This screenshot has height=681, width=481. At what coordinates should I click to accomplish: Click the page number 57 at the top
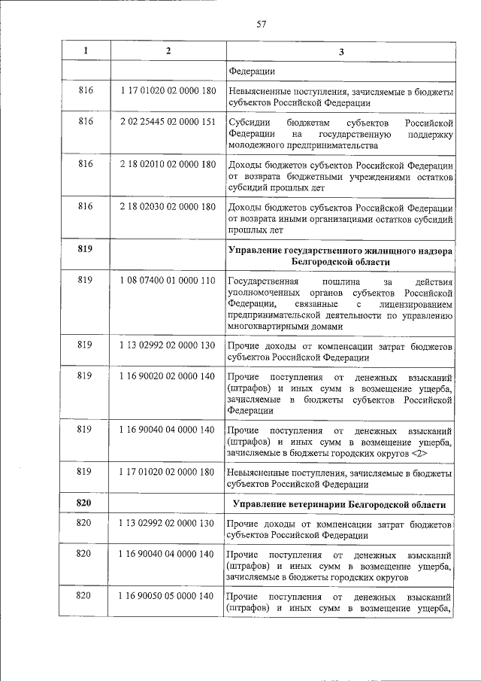[x=262, y=24]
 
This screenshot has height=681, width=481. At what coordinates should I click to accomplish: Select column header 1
[x=86, y=51]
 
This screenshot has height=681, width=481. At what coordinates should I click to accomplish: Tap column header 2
[x=168, y=51]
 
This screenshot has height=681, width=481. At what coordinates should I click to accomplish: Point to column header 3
[x=340, y=52]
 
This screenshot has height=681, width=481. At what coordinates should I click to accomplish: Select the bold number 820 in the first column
[x=86, y=503]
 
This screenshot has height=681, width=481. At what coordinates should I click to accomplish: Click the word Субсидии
[x=246, y=122]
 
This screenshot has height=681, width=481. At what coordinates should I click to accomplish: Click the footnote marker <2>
[x=419, y=455]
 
